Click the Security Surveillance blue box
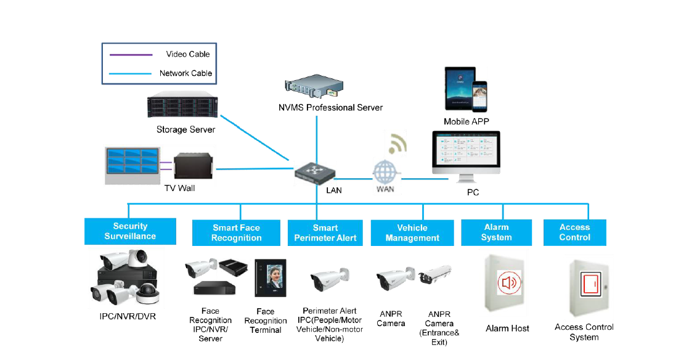click(130, 231)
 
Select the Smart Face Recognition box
click(236, 233)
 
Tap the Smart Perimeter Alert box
click(325, 233)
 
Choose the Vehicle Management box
click(412, 233)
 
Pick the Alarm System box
click(496, 232)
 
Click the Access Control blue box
click(574, 232)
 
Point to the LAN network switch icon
click(312, 171)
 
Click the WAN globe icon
click(385, 171)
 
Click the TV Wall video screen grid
click(132, 163)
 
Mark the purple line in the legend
click(131, 55)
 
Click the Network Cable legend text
click(185, 73)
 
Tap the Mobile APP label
click(466, 122)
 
